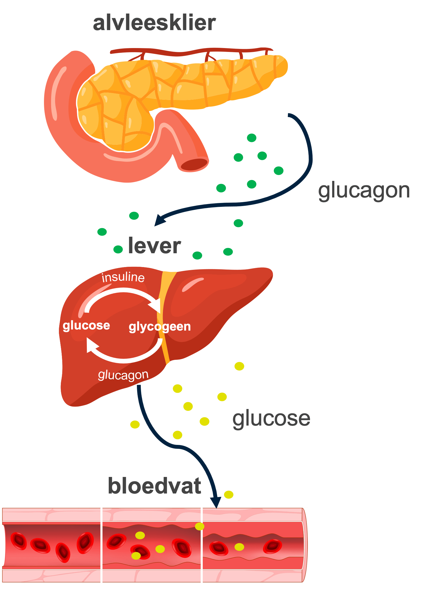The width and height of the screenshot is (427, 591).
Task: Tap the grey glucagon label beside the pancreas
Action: (x=364, y=191)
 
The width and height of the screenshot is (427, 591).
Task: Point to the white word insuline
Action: (x=123, y=277)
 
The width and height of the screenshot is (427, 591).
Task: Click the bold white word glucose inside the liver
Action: (x=86, y=325)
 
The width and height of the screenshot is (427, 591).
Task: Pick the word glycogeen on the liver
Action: (x=160, y=326)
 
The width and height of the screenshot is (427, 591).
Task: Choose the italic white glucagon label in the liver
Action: (x=123, y=375)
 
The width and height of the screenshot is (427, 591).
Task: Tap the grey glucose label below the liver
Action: (x=271, y=418)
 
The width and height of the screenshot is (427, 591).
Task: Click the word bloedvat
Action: (x=154, y=486)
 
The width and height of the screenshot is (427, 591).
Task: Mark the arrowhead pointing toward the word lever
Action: (x=159, y=220)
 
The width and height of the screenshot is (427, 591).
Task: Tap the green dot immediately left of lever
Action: (x=118, y=249)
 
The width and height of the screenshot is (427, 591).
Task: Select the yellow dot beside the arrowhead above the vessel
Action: (x=229, y=495)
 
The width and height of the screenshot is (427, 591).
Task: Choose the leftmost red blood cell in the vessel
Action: (x=19, y=541)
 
